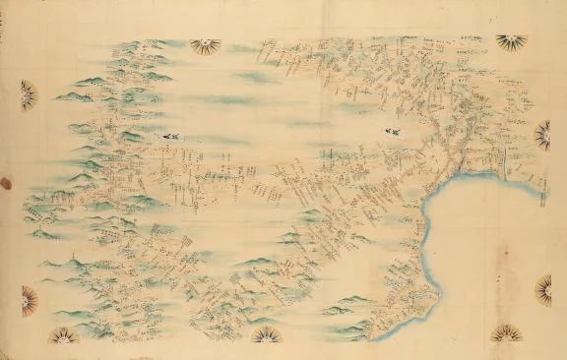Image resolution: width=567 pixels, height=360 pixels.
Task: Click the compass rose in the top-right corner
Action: click(511, 42)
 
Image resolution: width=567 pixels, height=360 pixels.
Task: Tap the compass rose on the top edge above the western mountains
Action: click(205, 45)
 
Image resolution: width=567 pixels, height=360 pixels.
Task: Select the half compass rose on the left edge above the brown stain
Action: click(28, 94)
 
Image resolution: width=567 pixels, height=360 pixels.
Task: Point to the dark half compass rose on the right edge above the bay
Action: click(542, 134)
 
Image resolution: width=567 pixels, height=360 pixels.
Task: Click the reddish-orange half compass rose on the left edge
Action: click(29, 300)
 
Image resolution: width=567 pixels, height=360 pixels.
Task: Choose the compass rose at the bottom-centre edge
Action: click(266, 336)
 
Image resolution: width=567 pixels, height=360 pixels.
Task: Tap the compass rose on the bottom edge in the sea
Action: click(507, 333)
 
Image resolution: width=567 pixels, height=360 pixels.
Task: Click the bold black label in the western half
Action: click(171, 137)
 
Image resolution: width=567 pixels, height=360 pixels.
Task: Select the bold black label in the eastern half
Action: click(392, 130)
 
